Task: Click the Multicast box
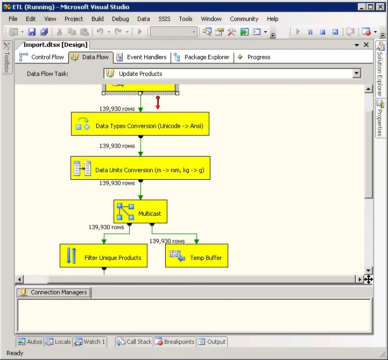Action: click(x=140, y=211)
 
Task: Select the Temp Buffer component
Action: click(x=196, y=256)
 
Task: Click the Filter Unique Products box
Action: click(x=103, y=256)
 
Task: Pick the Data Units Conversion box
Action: click(x=140, y=168)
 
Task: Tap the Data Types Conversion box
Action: click(x=140, y=124)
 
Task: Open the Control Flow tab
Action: click(x=41, y=57)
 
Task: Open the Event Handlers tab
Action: click(x=142, y=57)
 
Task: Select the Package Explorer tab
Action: click(x=202, y=57)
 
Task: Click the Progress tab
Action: click(x=254, y=57)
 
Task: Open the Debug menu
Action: click(x=120, y=19)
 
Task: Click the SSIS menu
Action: click(x=164, y=19)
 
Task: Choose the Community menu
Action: click(x=244, y=19)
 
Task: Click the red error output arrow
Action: click(x=158, y=103)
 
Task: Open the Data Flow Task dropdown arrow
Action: click(x=357, y=73)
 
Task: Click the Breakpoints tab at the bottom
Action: click(x=175, y=342)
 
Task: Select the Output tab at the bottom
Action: click(x=212, y=342)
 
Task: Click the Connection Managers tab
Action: click(x=54, y=292)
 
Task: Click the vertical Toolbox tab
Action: click(x=7, y=57)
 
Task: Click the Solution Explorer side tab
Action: click(x=380, y=69)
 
